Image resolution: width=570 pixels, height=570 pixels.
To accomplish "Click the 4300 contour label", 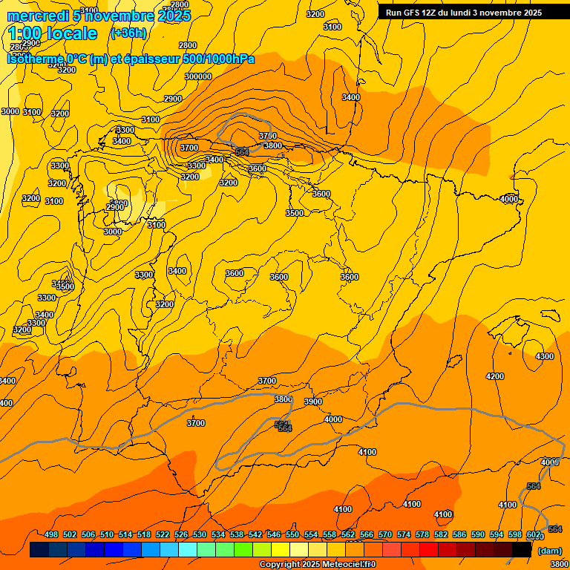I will pos(544,356).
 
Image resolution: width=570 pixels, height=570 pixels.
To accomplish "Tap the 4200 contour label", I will pos(495,376).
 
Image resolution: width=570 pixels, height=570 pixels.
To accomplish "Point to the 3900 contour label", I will pos(313,402).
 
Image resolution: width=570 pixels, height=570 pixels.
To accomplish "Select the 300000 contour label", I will pos(198,76).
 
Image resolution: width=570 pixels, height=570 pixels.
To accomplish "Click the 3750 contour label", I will pos(268,136).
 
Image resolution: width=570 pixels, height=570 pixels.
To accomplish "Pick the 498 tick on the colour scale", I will pos(51,534).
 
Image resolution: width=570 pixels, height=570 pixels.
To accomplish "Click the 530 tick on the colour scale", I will pos(200,534).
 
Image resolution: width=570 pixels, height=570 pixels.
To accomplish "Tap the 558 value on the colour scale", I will pos(330,534).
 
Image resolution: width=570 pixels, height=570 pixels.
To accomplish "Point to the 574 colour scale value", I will pos(404,534).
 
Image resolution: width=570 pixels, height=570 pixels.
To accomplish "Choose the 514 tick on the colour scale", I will pos(125,534).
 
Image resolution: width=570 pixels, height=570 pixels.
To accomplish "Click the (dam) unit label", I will pos(549,550).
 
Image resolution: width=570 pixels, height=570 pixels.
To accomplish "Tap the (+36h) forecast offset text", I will pos(128,33).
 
